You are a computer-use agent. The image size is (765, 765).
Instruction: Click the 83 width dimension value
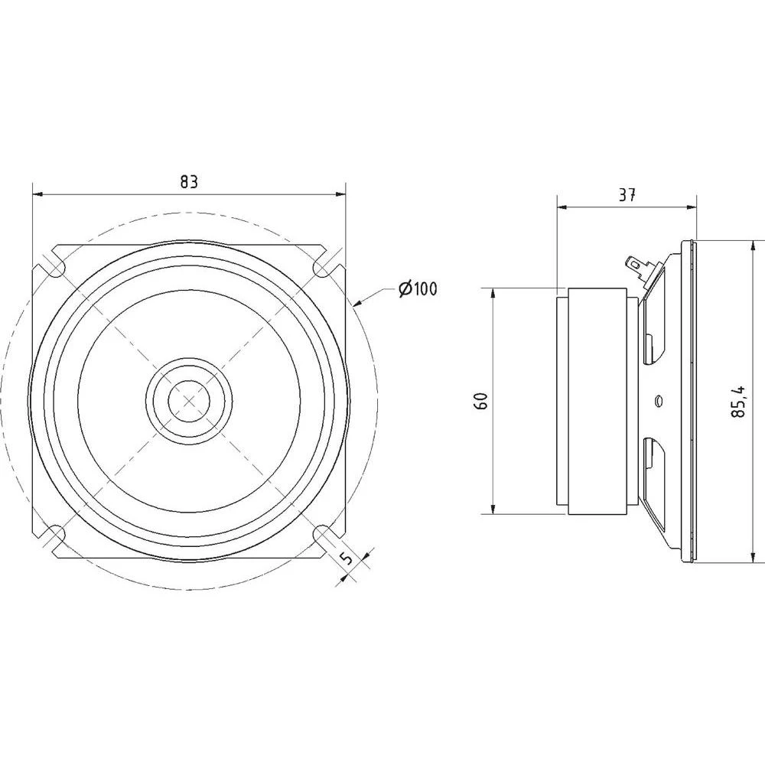point(189,182)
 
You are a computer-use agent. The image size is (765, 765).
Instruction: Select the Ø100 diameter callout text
point(417,289)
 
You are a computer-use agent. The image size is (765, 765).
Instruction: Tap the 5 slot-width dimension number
point(347,558)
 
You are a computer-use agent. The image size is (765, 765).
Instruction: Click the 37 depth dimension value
point(627,195)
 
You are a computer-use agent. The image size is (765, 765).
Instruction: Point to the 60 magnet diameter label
point(481,401)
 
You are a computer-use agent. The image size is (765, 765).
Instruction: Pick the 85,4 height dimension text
point(738,401)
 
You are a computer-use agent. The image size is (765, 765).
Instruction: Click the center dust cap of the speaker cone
point(189,399)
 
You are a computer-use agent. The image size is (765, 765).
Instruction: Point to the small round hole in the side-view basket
point(658,399)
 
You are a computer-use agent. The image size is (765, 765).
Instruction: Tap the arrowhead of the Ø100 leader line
point(357,304)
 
